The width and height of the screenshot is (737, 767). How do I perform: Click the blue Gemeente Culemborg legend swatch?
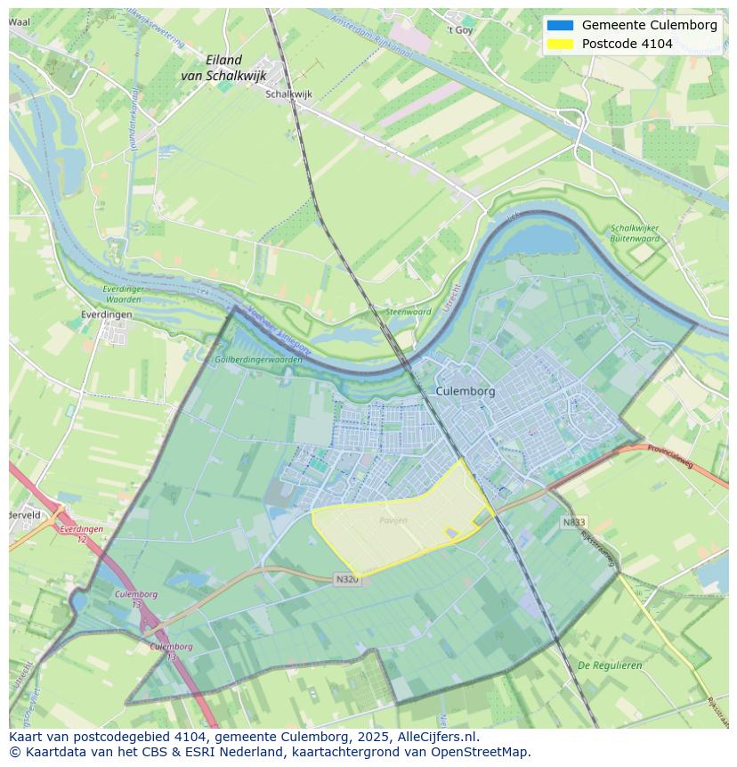[560, 25]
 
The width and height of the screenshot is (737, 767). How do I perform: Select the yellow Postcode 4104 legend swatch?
[560, 44]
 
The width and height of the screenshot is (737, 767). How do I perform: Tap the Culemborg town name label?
[466, 391]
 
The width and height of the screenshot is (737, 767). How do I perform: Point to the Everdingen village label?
[106, 314]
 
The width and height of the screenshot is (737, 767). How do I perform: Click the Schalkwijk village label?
[288, 94]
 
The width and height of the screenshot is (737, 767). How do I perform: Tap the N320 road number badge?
[347, 579]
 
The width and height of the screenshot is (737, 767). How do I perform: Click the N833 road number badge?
[574, 522]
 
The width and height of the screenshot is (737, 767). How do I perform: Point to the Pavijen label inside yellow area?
[393, 520]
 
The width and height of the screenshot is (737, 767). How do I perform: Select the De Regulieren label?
[610, 665]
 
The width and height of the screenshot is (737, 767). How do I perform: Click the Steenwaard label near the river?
[408, 312]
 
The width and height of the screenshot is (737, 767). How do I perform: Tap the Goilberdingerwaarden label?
[259, 360]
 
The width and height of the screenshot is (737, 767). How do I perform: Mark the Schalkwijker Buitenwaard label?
[635, 233]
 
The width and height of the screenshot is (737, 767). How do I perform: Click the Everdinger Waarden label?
[122, 295]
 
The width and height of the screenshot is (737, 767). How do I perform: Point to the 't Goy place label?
[460, 29]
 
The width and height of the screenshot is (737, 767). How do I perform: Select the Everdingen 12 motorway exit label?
[81, 534]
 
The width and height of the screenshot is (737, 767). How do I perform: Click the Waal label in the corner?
[19, 21]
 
